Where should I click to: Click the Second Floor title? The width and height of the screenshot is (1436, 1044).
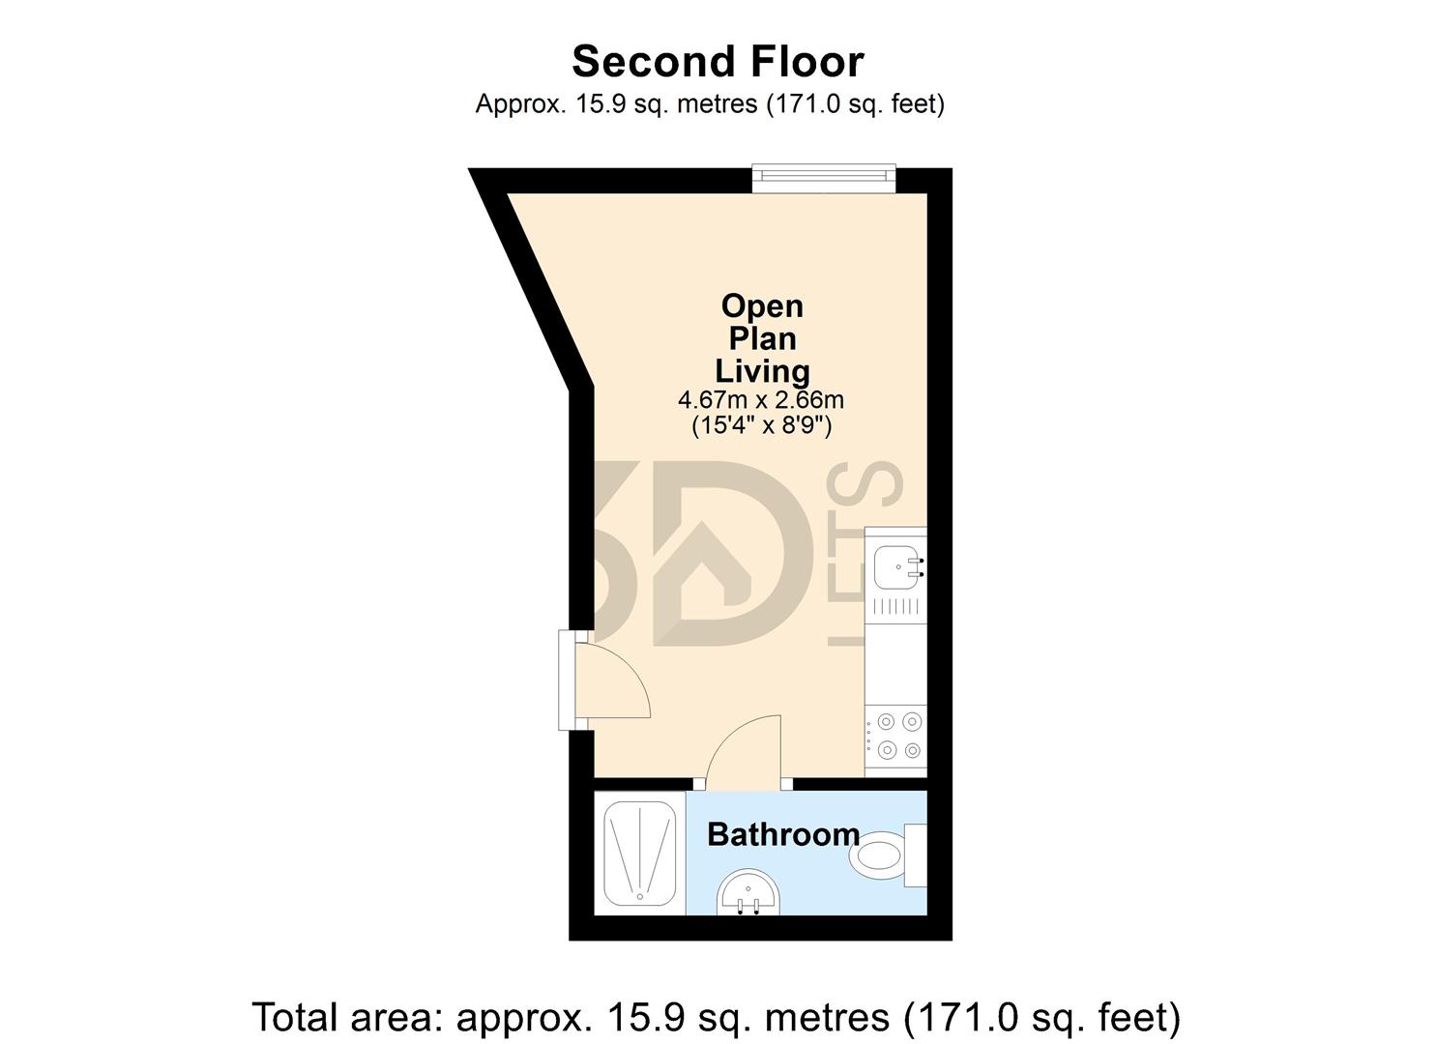point(718,62)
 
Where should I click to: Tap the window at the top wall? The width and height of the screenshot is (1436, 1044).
point(824,176)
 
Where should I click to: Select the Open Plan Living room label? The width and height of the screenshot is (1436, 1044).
point(762,338)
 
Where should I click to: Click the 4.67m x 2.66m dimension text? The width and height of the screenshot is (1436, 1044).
point(761,399)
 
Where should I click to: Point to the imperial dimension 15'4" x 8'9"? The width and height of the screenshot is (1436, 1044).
point(761,425)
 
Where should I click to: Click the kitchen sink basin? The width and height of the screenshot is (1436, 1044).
point(896,566)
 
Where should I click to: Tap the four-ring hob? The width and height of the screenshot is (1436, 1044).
point(896,736)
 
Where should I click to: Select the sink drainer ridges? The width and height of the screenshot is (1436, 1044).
point(894,607)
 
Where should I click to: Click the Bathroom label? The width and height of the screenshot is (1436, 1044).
point(783,834)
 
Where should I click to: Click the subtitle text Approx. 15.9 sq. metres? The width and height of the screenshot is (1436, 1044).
point(710,103)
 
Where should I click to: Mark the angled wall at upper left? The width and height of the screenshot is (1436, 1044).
point(532,280)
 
